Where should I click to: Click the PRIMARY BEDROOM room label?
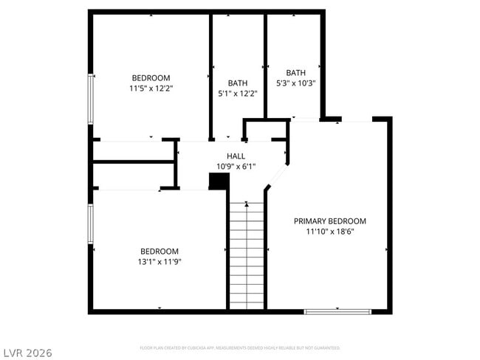coord(329,221)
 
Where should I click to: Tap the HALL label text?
coord(236,156)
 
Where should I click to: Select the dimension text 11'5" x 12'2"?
coord(151,88)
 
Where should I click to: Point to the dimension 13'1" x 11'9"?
coord(160,261)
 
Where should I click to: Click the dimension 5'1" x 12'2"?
coord(238,94)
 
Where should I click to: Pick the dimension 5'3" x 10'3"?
coord(295,83)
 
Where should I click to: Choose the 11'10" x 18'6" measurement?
coord(329,232)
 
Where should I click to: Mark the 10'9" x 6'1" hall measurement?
coord(236,167)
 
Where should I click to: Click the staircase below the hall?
coord(247,255)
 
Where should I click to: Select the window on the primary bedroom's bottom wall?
coord(338,311)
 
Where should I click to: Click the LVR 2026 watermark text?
coord(27,353)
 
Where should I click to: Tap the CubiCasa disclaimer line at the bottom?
coord(240,347)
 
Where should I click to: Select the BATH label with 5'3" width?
coord(295,73)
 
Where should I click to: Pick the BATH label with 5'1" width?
coord(238,83)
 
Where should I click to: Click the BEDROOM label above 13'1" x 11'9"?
coord(160,251)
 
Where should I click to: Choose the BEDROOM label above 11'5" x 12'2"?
coord(151,77)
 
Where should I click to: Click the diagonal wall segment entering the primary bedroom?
coord(277,177)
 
